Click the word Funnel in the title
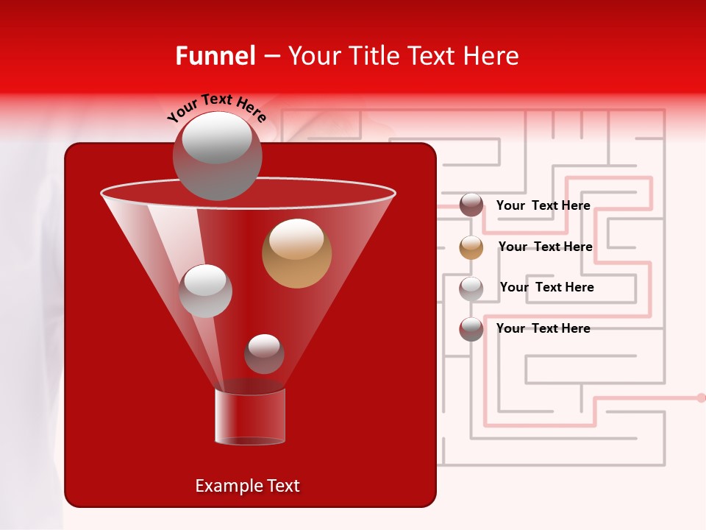[215, 56]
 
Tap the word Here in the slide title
[492, 56]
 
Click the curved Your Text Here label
[217, 107]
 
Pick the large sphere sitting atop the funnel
[217, 155]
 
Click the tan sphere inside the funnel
[296, 253]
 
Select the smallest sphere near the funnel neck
[264, 353]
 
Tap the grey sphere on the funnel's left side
[205, 291]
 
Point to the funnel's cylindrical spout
[250, 416]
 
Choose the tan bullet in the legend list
[471, 247]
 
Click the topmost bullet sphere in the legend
[471, 205]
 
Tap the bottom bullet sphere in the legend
[471, 329]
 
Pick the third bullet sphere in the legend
[471, 288]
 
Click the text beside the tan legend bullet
[545, 247]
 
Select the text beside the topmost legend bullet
[543, 205]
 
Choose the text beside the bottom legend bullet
[543, 328]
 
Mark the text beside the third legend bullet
[546, 287]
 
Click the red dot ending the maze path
[701, 397]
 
